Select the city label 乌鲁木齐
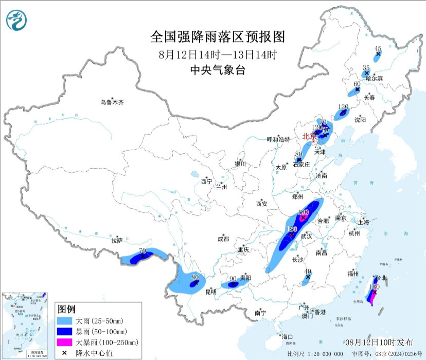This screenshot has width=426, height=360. [112, 102]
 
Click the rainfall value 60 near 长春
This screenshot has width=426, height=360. [357, 84]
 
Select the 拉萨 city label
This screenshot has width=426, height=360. [117, 240]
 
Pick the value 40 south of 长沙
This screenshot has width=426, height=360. [308, 271]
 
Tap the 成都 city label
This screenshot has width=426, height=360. [223, 239]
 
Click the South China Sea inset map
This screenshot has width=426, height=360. [26, 325]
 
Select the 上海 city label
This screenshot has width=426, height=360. [364, 222]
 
